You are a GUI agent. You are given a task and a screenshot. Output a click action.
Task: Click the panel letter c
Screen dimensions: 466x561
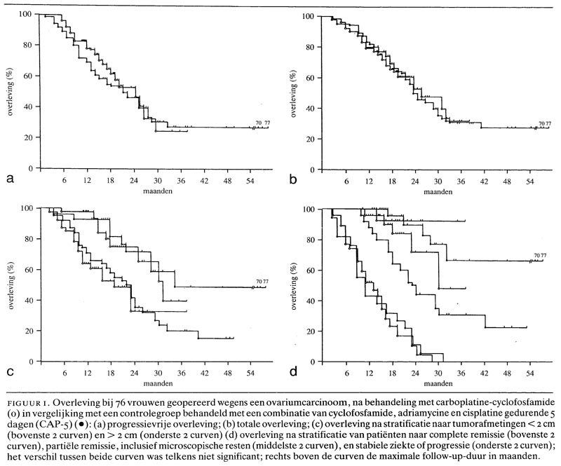click(9, 372)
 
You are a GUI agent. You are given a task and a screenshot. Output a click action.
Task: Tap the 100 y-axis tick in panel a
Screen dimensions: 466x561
click(25, 14)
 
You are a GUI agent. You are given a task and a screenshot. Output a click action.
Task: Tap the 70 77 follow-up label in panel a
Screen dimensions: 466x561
click(262, 123)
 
